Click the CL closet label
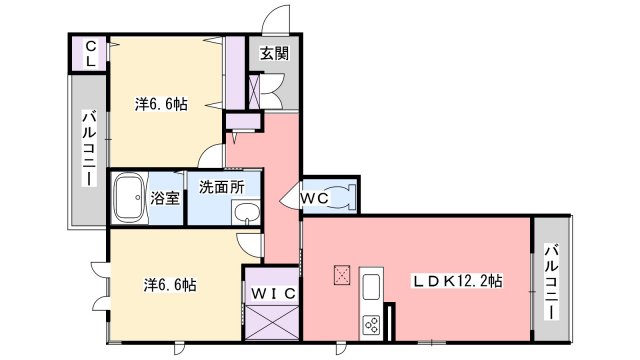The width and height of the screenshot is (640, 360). (89, 54)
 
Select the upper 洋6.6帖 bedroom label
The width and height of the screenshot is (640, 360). (162, 103)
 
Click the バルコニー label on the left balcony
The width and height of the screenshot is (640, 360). (87, 149)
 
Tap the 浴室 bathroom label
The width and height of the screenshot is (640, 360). (165, 197)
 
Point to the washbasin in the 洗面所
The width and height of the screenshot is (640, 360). (244, 211)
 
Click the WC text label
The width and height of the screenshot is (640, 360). (316, 198)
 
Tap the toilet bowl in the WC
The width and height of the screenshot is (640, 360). (343, 197)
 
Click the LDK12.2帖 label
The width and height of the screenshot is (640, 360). (459, 282)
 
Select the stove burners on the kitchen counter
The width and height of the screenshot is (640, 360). (371, 325)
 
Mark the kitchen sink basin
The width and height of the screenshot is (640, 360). (371, 288)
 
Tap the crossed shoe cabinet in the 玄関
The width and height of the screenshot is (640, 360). (254, 90)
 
